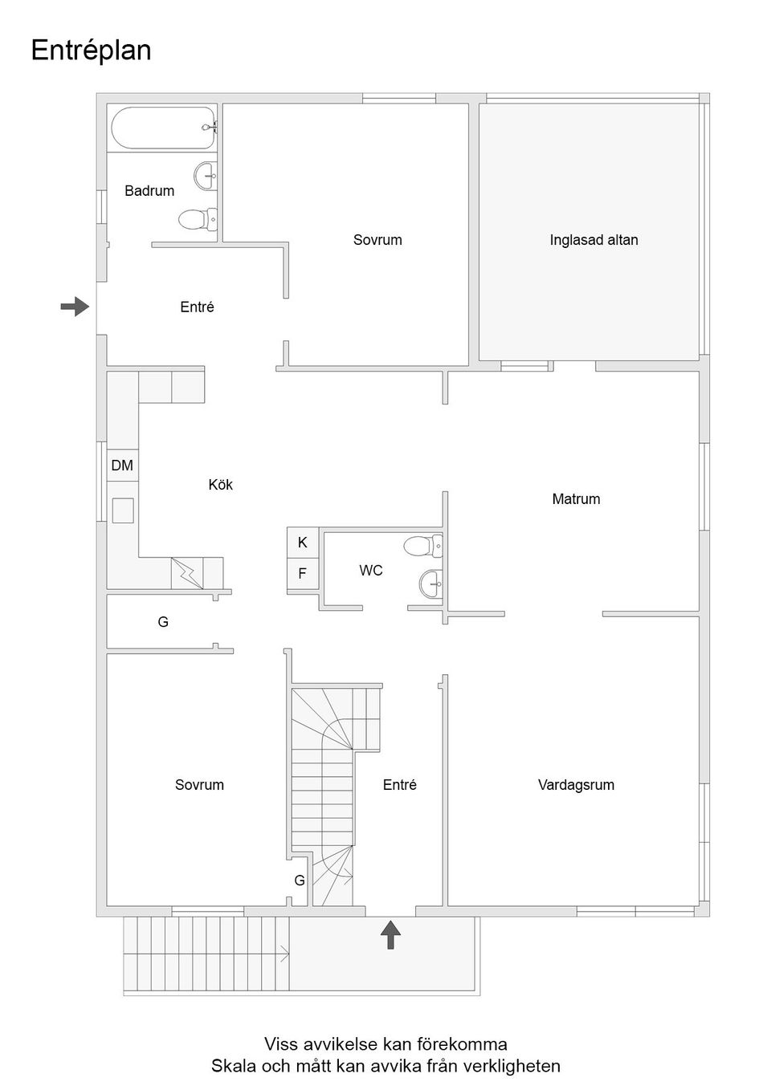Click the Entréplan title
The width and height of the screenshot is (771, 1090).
pyautogui.click(x=91, y=51)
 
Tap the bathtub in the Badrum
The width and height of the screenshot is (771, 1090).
pyautogui.click(x=164, y=128)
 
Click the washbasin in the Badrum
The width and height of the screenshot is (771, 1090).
pyautogui.click(x=206, y=174)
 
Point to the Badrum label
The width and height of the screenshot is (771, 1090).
pyautogui.click(x=149, y=191)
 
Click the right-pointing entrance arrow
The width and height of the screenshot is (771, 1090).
pyautogui.click(x=75, y=306)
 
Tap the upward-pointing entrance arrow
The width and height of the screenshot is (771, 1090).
pyautogui.click(x=390, y=935)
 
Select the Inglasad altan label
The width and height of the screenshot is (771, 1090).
pyautogui.click(x=594, y=240)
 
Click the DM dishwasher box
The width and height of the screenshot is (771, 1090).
pyautogui.click(x=122, y=466)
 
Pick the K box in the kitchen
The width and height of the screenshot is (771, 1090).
pyautogui.click(x=303, y=543)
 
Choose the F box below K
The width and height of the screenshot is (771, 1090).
pyautogui.click(x=303, y=574)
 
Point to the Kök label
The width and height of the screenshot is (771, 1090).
pyautogui.click(x=220, y=485)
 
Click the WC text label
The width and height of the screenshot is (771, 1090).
pyautogui.click(x=371, y=571)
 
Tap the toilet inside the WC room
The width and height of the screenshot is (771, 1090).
pyautogui.click(x=422, y=547)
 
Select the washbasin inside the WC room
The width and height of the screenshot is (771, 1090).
pyautogui.click(x=430, y=583)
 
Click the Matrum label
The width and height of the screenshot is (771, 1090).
pyautogui.click(x=576, y=499)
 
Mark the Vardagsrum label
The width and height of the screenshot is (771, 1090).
pyautogui.click(x=576, y=785)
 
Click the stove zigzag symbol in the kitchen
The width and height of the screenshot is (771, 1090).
pyautogui.click(x=187, y=573)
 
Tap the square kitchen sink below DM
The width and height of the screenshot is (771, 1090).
pyautogui.click(x=123, y=510)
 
